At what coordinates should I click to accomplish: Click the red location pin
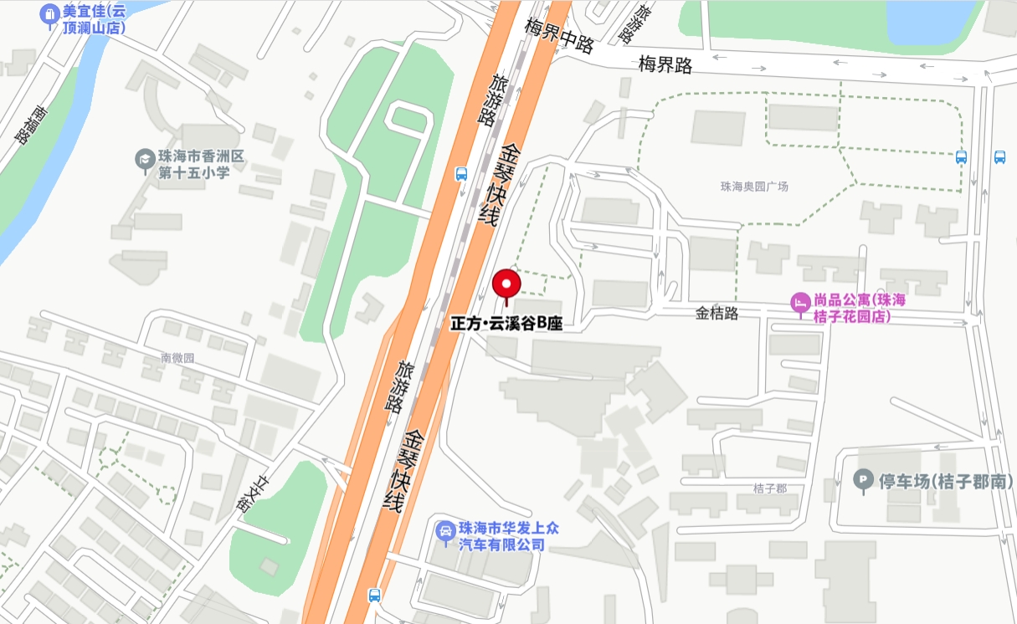(x=506, y=284)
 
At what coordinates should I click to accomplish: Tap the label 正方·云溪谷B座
(x=506, y=324)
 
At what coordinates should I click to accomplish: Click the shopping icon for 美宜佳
(x=49, y=14)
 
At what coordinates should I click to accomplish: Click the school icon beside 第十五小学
(x=145, y=157)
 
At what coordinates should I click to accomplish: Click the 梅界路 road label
(x=665, y=64)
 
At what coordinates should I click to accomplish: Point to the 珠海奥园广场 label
(x=754, y=186)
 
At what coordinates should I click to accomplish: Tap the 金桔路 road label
(x=717, y=314)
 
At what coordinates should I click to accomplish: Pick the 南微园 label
(x=177, y=357)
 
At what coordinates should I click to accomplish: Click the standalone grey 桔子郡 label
(x=769, y=488)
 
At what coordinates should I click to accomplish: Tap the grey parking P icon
(x=862, y=481)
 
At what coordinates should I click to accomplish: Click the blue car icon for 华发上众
(x=446, y=531)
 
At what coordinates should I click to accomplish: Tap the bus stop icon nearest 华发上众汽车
(x=374, y=596)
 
